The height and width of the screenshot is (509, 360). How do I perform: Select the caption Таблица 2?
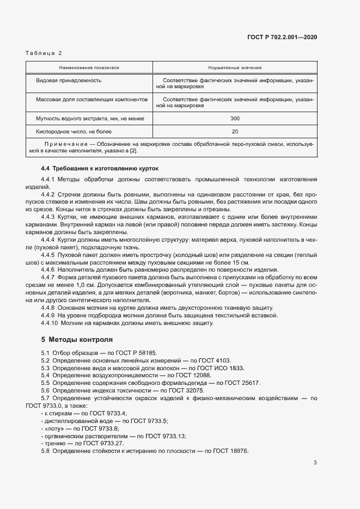click(x=44, y=53)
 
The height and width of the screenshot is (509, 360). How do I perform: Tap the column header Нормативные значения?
click(x=235, y=68)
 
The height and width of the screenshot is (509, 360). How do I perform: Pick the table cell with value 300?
click(x=235, y=118)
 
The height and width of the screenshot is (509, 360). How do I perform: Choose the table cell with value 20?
click(x=235, y=131)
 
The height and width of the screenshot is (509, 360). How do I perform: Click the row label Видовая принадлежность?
click(x=69, y=80)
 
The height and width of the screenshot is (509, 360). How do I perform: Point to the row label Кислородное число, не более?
click(x=74, y=131)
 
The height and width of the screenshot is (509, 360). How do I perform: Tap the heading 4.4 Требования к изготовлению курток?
click(x=100, y=168)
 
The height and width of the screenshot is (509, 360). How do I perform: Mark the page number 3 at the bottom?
click(x=315, y=463)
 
